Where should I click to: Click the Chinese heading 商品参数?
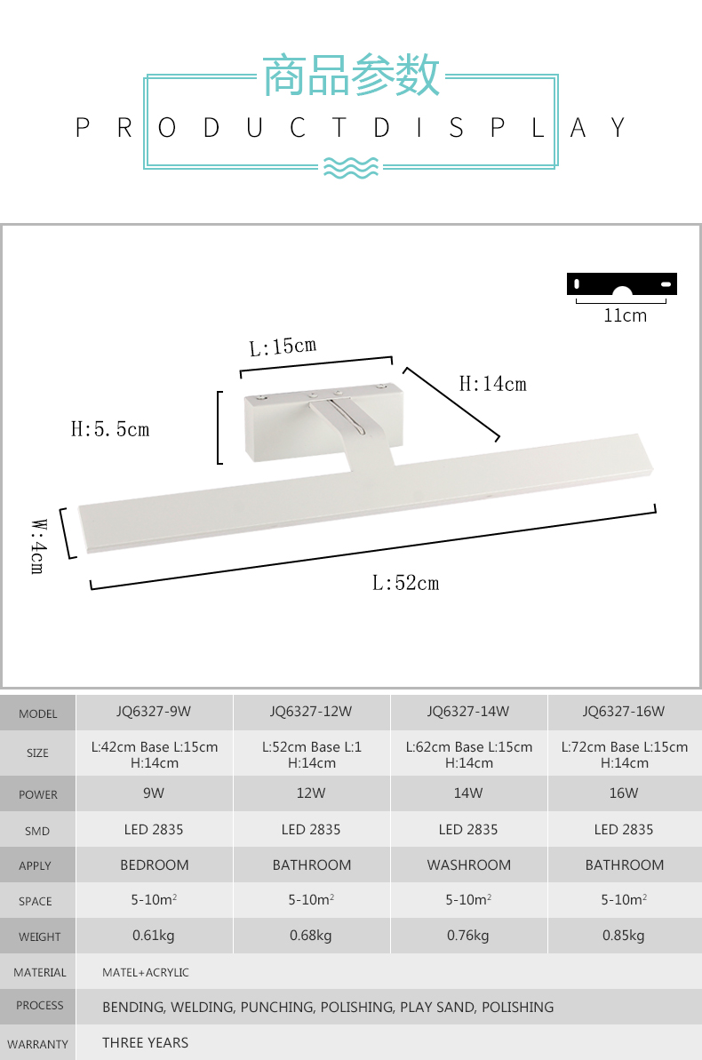(x=351, y=75)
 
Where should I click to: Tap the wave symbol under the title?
(x=351, y=166)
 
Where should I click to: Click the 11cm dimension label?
(x=625, y=315)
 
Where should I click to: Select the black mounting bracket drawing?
(x=621, y=284)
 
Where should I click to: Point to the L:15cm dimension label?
(x=283, y=347)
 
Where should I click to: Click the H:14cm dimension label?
(x=492, y=384)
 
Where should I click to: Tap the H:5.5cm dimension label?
(x=110, y=429)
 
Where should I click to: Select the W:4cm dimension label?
(x=38, y=546)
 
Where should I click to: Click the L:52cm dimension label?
(x=406, y=583)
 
